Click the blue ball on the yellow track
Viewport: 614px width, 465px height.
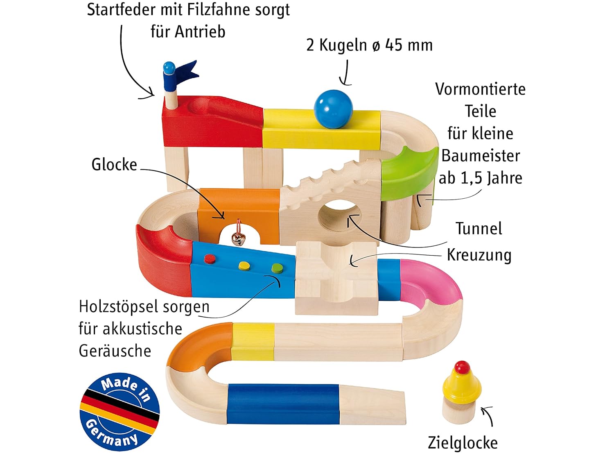(333, 109)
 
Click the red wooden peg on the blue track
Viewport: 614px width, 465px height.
(210, 259)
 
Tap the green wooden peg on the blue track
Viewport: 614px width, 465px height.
(278, 268)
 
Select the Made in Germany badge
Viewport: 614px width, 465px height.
(120, 411)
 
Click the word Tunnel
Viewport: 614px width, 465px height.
(479, 229)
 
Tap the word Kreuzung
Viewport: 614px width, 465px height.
(479, 255)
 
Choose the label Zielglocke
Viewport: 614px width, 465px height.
(463, 443)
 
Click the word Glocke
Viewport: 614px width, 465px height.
(114, 165)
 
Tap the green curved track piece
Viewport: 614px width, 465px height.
(409, 172)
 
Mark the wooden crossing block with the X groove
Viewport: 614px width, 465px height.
(336, 279)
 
